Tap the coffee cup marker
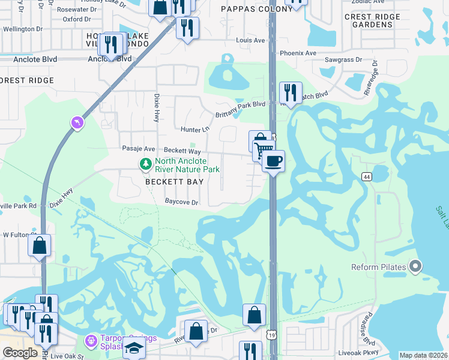click(273, 161)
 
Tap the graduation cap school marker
click(134, 348)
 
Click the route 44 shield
click(366, 176)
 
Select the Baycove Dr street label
click(182, 203)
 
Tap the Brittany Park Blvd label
click(240, 104)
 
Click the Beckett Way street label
click(182, 151)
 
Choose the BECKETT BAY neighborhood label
click(171, 182)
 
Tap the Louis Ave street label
click(250, 40)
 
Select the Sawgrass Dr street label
click(343, 60)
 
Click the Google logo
click(20, 353)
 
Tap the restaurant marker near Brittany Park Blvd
click(291, 92)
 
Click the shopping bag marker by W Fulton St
click(39, 245)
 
